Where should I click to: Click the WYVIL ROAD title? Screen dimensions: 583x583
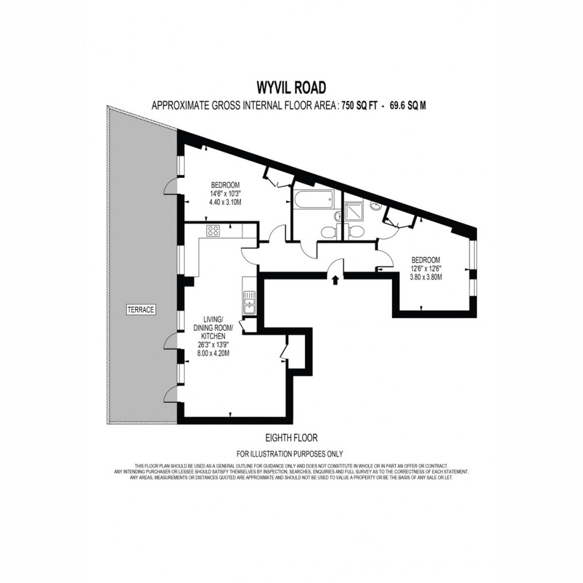(291, 87)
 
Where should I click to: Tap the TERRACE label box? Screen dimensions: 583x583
(140, 309)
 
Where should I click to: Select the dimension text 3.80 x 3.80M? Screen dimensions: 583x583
(426, 277)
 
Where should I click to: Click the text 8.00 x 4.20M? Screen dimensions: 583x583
(212, 353)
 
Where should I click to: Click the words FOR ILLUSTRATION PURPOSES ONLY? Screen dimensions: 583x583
(291, 453)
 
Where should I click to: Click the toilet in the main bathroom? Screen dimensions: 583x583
(328, 231)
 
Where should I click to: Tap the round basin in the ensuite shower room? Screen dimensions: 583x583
(376, 206)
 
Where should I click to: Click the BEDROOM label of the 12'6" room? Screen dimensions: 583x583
(426, 260)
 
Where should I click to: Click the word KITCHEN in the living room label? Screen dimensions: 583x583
(212, 336)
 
